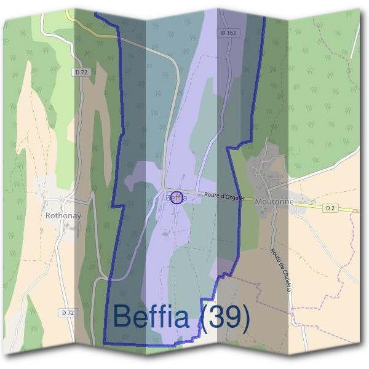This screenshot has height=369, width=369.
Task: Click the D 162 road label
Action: (x=228, y=33)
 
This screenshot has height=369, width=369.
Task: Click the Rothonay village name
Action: (x=63, y=216)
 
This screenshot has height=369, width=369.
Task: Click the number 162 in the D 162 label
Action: (x=231, y=33)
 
